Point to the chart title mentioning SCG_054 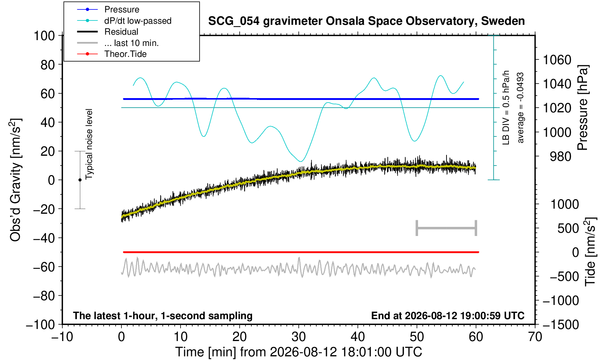366,21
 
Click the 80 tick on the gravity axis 48,65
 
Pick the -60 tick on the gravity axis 44,267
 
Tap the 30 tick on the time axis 298,337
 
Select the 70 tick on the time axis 535,337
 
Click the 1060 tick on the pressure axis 557,60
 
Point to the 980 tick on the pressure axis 560,156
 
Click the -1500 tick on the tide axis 561,325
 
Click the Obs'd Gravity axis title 15,180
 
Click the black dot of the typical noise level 80,180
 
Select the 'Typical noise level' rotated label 89,144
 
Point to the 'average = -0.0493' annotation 520,108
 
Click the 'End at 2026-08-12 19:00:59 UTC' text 448,316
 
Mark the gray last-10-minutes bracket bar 447,228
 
